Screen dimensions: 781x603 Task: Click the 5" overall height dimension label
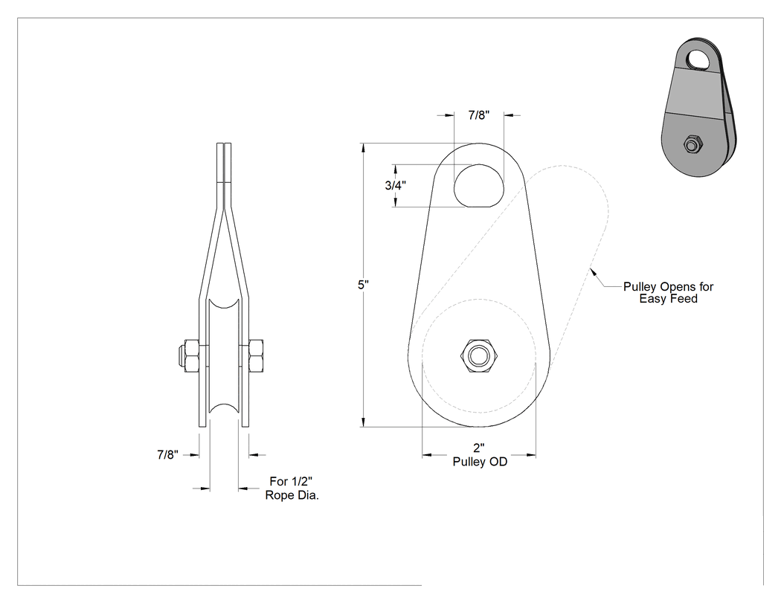click(x=363, y=285)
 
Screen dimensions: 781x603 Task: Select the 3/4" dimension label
click(x=396, y=185)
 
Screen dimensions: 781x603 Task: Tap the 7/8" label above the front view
click(x=479, y=115)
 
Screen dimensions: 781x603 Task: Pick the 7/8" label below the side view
click(x=168, y=454)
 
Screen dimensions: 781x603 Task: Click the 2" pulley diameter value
click(x=479, y=448)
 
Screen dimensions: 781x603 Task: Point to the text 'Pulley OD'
click(x=480, y=462)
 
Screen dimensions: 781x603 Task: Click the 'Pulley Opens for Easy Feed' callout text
click(x=669, y=293)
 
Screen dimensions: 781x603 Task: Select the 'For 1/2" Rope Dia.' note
click(x=292, y=488)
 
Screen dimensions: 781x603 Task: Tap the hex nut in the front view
click(x=479, y=356)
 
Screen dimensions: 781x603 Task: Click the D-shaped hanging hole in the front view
click(x=479, y=186)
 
